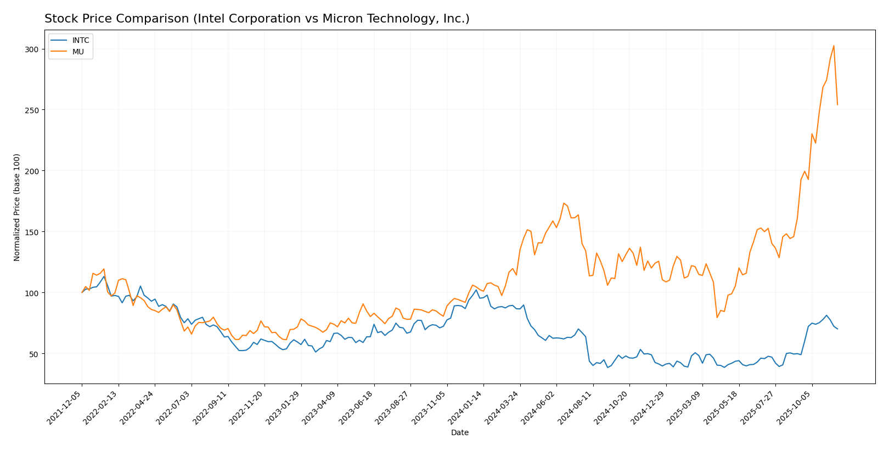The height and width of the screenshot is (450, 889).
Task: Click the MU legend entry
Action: [x=77, y=51]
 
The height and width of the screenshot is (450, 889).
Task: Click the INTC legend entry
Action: [x=80, y=41]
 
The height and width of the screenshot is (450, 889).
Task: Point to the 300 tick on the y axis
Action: [x=32, y=49]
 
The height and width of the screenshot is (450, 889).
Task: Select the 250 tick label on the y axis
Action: [x=32, y=110]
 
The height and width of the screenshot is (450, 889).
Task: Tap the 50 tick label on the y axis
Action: [x=34, y=354]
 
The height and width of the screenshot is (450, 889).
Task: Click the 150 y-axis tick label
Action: [x=32, y=232]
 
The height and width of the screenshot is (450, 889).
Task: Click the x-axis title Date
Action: [x=459, y=433]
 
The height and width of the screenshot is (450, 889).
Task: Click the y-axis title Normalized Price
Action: [x=17, y=207]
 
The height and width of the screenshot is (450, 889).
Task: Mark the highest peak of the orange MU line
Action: [x=834, y=46]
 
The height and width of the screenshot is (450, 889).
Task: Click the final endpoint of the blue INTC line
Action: [x=837, y=329]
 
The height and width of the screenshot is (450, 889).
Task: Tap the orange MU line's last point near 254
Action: [x=837, y=104]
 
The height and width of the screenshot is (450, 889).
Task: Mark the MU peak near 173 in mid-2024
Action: [x=564, y=203]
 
